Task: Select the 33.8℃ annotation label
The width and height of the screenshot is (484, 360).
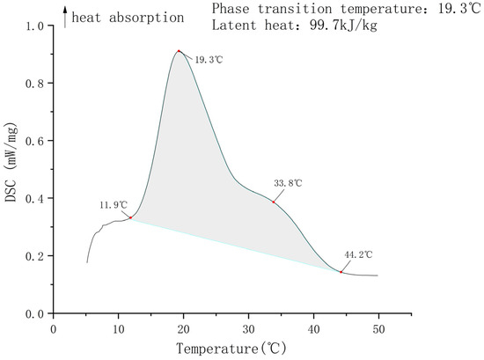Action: pos(288,182)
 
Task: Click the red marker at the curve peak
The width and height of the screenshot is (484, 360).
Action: pos(179,51)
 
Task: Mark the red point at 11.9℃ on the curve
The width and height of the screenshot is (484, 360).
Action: pos(131,217)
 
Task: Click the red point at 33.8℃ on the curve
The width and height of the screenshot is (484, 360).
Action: pos(274,202)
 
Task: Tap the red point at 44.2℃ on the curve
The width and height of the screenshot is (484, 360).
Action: pos(341,272)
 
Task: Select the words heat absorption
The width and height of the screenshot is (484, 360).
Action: pos(128,17)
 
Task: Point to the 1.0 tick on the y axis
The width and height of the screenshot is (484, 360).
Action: pos(35,26)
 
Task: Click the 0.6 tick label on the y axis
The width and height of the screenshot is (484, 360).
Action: pos(35,141)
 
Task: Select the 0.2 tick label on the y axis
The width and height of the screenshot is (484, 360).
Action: pos(35,256)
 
